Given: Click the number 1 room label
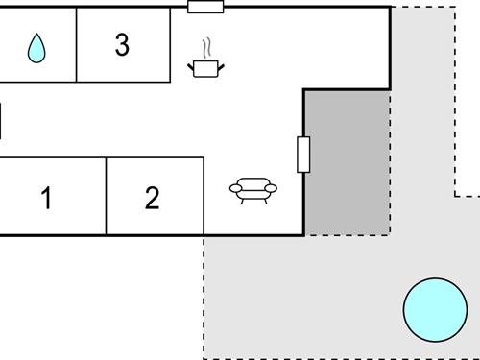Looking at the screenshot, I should point(46,199).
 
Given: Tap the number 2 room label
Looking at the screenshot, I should point(152,199).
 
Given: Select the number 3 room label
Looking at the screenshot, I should point(121,45).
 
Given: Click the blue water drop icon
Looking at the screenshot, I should point(36,48).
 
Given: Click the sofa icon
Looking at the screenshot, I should point(253,189).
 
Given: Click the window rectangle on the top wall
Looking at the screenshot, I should point(205,7).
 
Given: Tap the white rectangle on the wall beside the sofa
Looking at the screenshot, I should point(303,154).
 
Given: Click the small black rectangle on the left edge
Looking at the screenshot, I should point(1,122).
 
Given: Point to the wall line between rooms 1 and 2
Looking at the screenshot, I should point(106,196).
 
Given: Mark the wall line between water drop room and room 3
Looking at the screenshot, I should point(77,45).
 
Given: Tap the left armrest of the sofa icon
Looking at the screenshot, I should point(235,187).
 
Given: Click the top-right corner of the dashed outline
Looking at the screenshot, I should point(455,8).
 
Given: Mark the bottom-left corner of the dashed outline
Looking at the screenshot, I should point(204,357).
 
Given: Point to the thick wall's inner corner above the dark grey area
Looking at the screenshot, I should point(304,90).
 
